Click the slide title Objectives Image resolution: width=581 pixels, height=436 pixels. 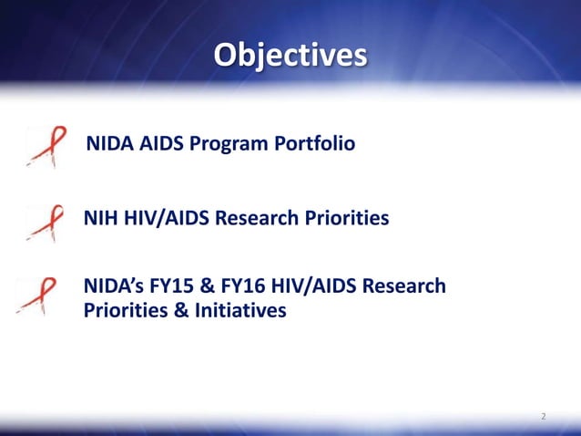290,53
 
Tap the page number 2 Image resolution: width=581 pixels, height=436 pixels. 544,417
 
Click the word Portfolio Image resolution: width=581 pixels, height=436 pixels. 311,144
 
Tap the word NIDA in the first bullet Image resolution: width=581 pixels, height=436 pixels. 108,144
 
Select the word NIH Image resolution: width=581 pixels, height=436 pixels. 99,219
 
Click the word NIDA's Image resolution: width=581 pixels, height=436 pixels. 114,286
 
